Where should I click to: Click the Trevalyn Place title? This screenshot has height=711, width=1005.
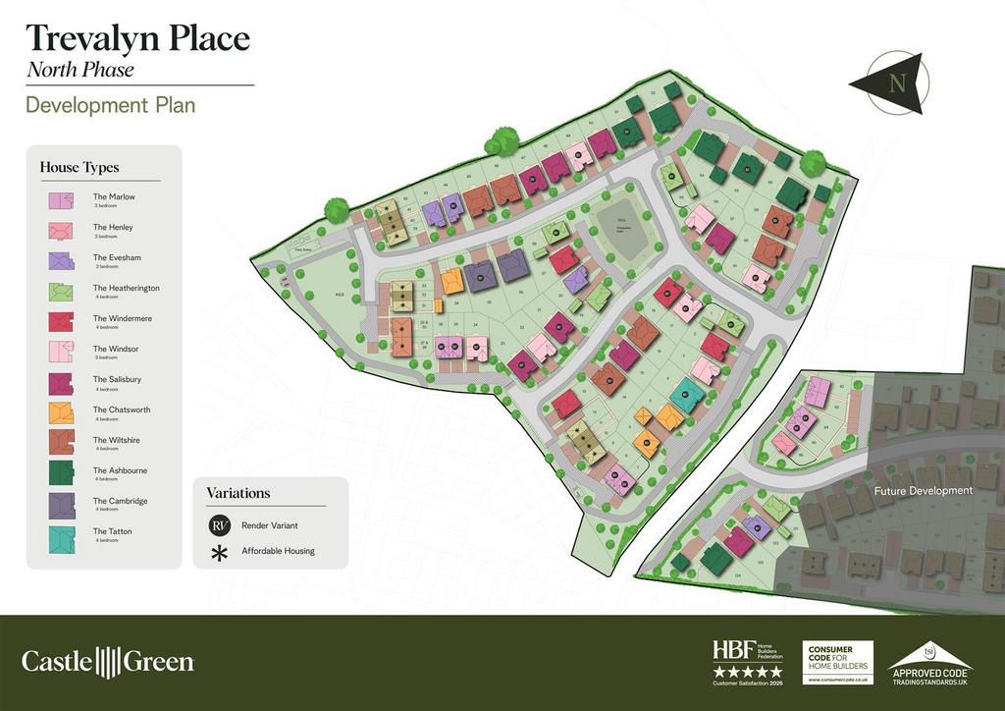click(137, 38)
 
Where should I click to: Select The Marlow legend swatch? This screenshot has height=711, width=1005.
click(61, 200)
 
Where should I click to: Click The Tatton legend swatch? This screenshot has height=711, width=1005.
click(61, 535)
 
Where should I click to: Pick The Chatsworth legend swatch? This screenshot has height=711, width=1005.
click(61, 413)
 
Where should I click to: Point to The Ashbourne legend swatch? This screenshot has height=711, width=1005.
click(61, 474)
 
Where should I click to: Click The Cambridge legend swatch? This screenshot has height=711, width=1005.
click(61, 505)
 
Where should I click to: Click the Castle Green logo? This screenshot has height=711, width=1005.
click(108, 661)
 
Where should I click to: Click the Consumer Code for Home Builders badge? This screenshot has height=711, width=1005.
click(839, 661)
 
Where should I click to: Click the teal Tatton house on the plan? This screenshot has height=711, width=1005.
click(687, 394)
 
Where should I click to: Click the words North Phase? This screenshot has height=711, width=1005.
click(79, 70)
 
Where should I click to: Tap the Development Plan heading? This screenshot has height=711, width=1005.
click(110, 105)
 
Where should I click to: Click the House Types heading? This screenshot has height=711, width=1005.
click(73, 167)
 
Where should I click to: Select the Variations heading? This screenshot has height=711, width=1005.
click(238, 493)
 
